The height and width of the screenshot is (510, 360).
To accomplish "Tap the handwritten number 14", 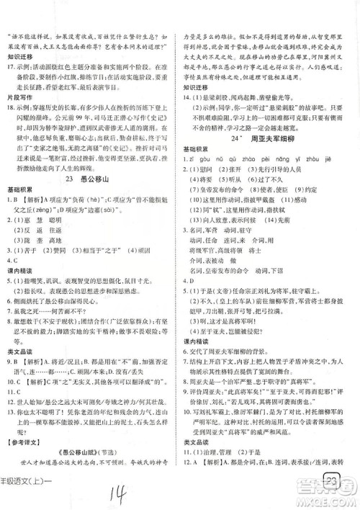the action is pyautogui.click(x=119, y=494).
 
